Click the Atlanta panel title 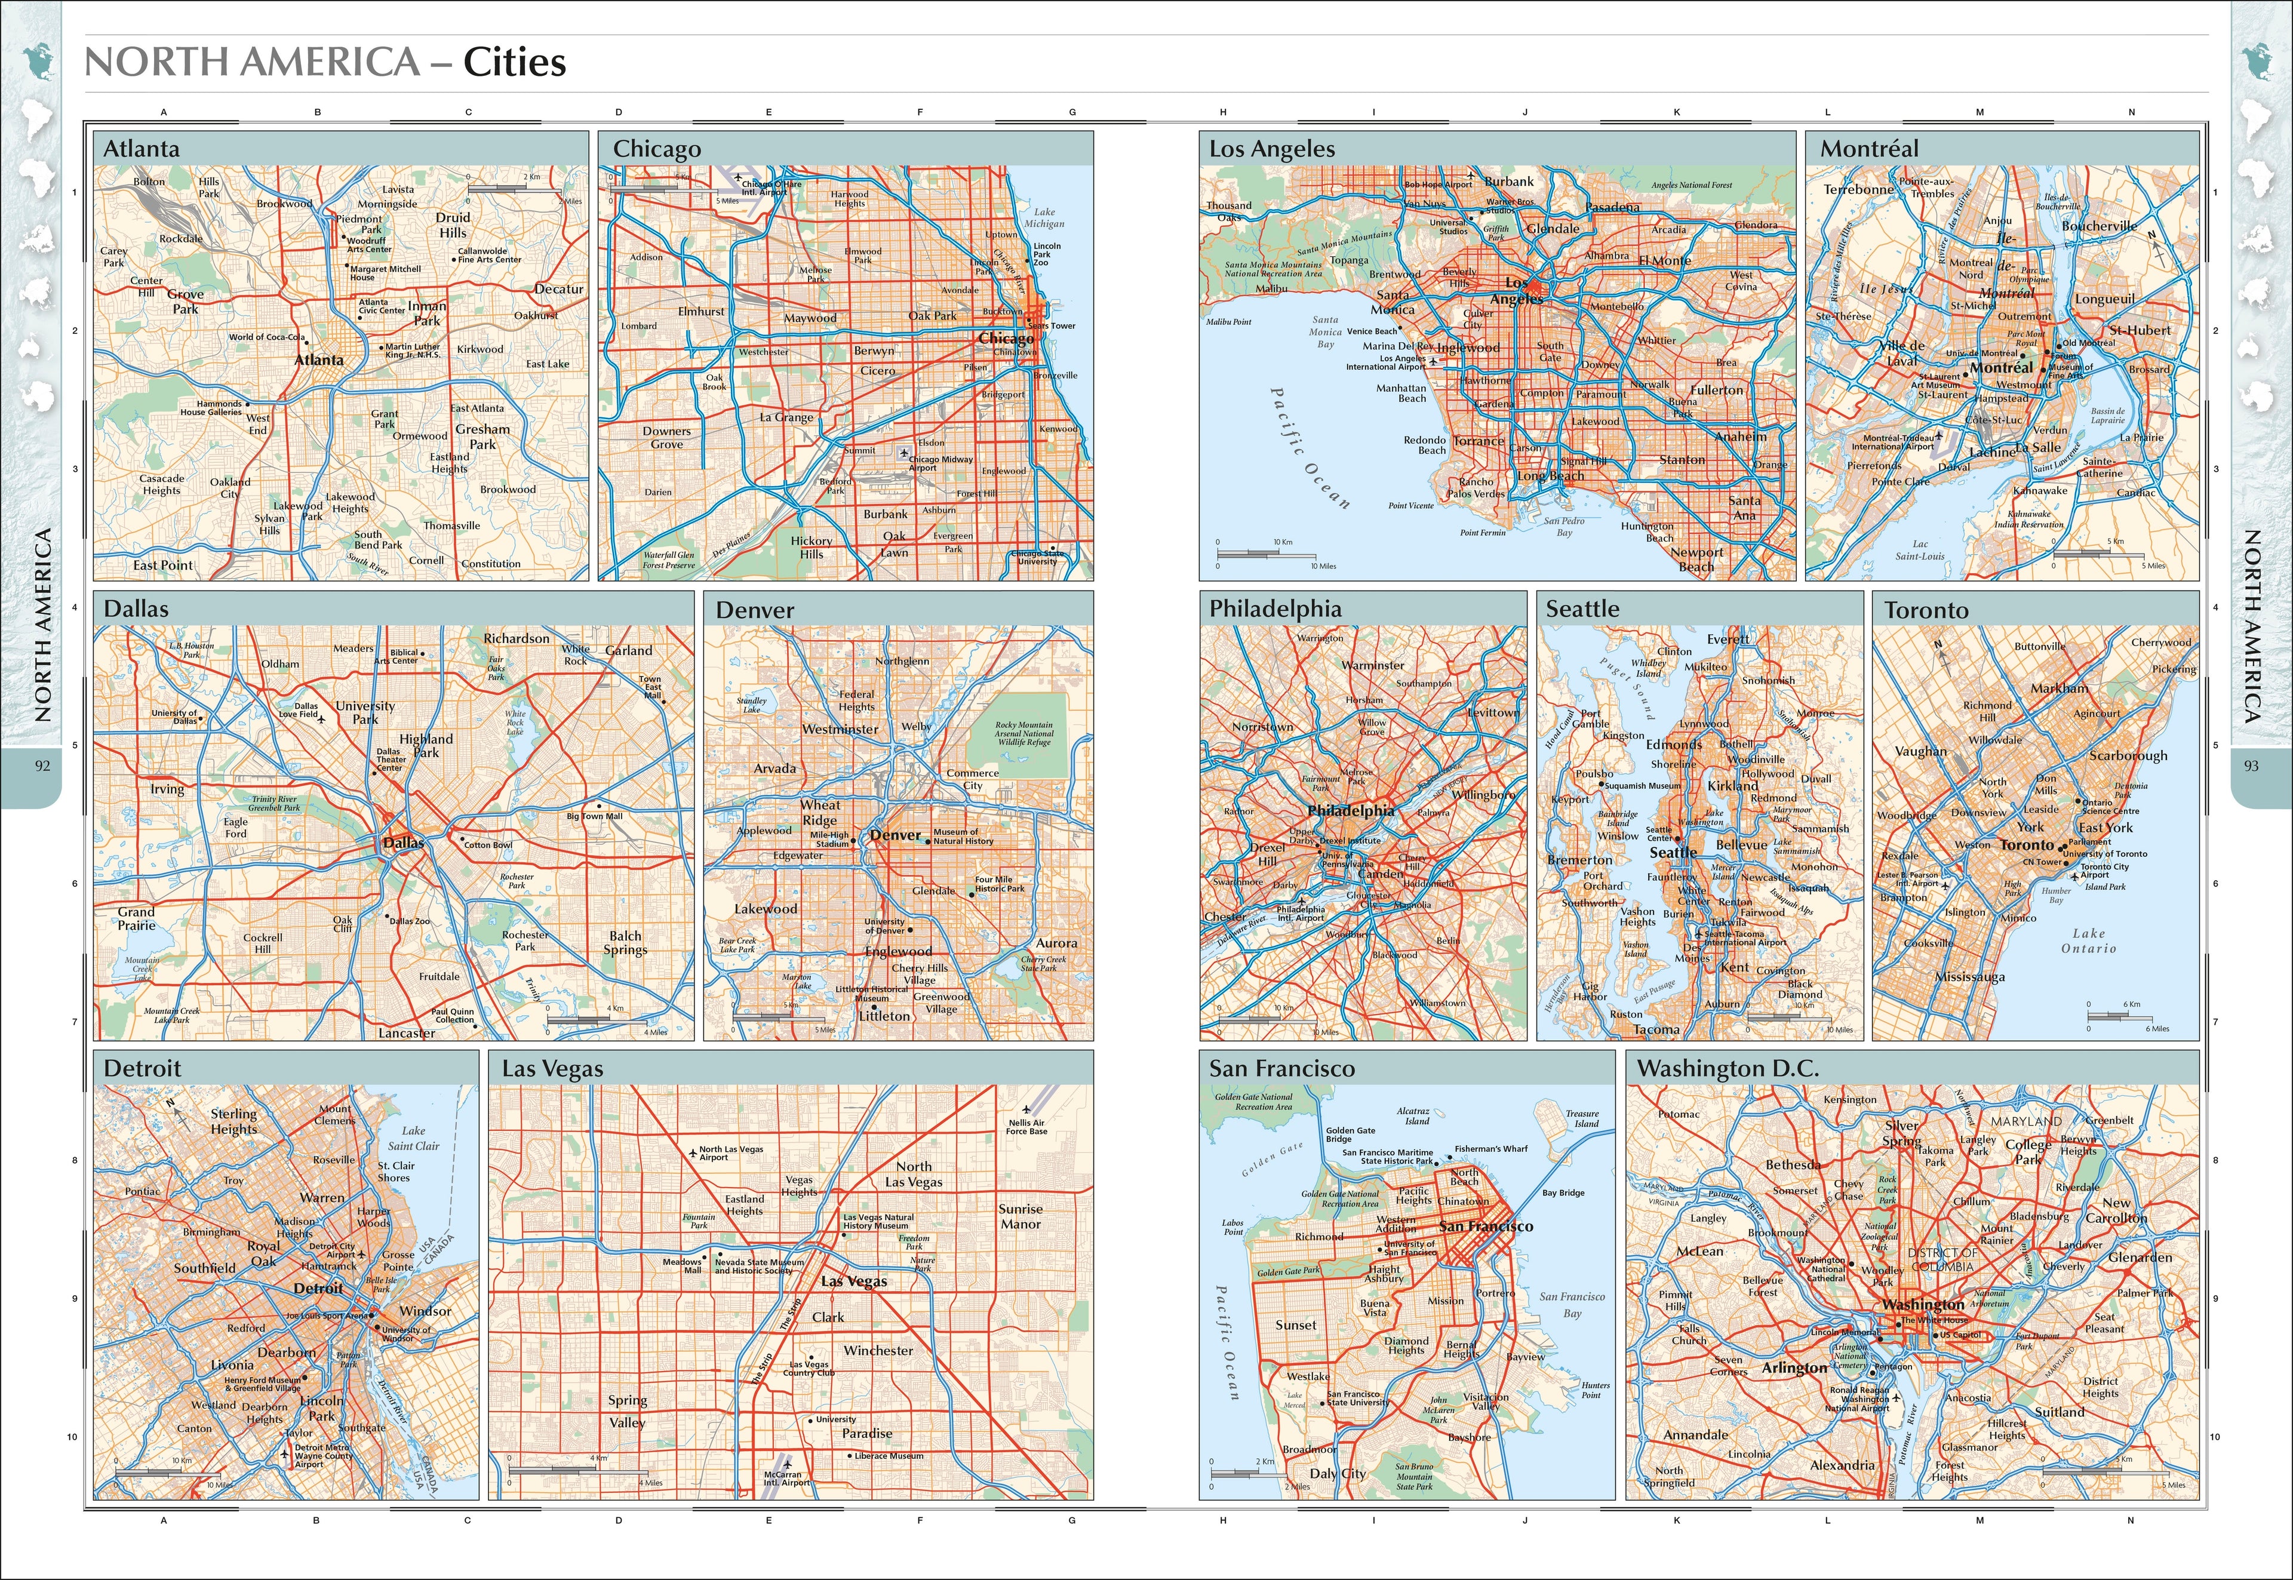click(x=142, y=149)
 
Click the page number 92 click(x=42, y=766)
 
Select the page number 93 click(x=2251, y=766)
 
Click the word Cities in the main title click(x=515, y=62)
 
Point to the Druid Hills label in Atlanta click(x=453, y=225)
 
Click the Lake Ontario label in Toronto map click(x=2088, y=940)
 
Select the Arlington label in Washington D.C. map click(x=1794, y=1368)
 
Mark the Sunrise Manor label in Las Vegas click(x=1020, y=1217)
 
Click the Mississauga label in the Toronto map click(x=1969, y=977)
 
